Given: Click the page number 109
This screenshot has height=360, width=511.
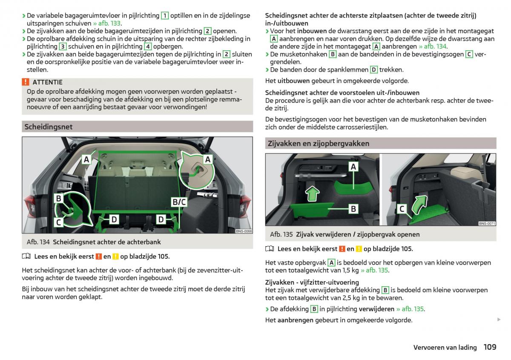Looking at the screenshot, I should [x=490, y=347].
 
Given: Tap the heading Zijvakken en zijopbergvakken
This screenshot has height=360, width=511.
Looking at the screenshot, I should [x=319, y=144].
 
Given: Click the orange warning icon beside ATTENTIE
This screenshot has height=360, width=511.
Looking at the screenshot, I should [x=26, y=82].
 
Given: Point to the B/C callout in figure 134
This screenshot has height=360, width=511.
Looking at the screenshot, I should [x=179, y=202].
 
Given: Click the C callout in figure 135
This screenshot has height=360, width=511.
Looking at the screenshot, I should [x=402, y=209].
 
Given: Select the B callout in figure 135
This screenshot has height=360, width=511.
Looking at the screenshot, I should [x=353, y=209].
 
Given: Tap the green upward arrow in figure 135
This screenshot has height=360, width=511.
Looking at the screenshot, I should [x=313, y=193].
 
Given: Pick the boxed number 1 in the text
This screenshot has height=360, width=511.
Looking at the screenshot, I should [x=165, y=16].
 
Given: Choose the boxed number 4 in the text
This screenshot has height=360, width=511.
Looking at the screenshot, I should [x=148, y=46].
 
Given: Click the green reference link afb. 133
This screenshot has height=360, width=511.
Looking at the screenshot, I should [x=107, y=23].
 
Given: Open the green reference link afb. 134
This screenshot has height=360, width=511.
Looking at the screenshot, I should [x=433, y=46].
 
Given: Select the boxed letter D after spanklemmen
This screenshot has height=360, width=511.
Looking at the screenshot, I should [x=374, y=70].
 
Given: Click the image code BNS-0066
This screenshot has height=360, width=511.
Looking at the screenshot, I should [x=244, y=231].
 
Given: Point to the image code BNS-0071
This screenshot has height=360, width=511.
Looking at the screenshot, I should [x=487, y=223].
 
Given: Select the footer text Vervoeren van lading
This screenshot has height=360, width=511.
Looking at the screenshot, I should [x=445, y=348].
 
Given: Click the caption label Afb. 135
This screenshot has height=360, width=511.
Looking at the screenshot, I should [x=281, y=234].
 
